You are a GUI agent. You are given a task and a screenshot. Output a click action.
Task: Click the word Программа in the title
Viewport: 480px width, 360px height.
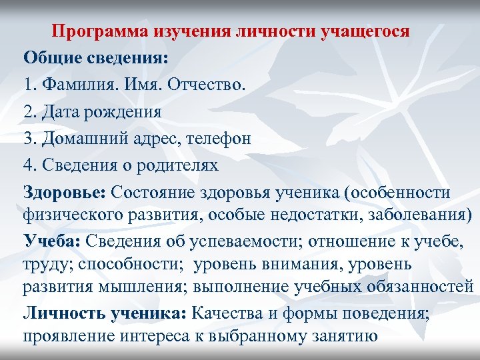[x=100, y=31]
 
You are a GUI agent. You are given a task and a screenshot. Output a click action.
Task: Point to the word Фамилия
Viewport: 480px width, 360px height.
[x=75, y=85]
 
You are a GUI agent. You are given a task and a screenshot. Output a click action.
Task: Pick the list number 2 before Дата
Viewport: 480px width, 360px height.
[x=28, y=111]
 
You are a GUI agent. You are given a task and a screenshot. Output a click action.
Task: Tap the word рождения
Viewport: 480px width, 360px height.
[x=127, y=111]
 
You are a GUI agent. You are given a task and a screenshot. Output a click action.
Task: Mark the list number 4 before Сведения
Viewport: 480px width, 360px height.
[x=28, y=165]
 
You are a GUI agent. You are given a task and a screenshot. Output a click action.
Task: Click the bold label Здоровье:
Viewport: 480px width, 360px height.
[x=64, y=193]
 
